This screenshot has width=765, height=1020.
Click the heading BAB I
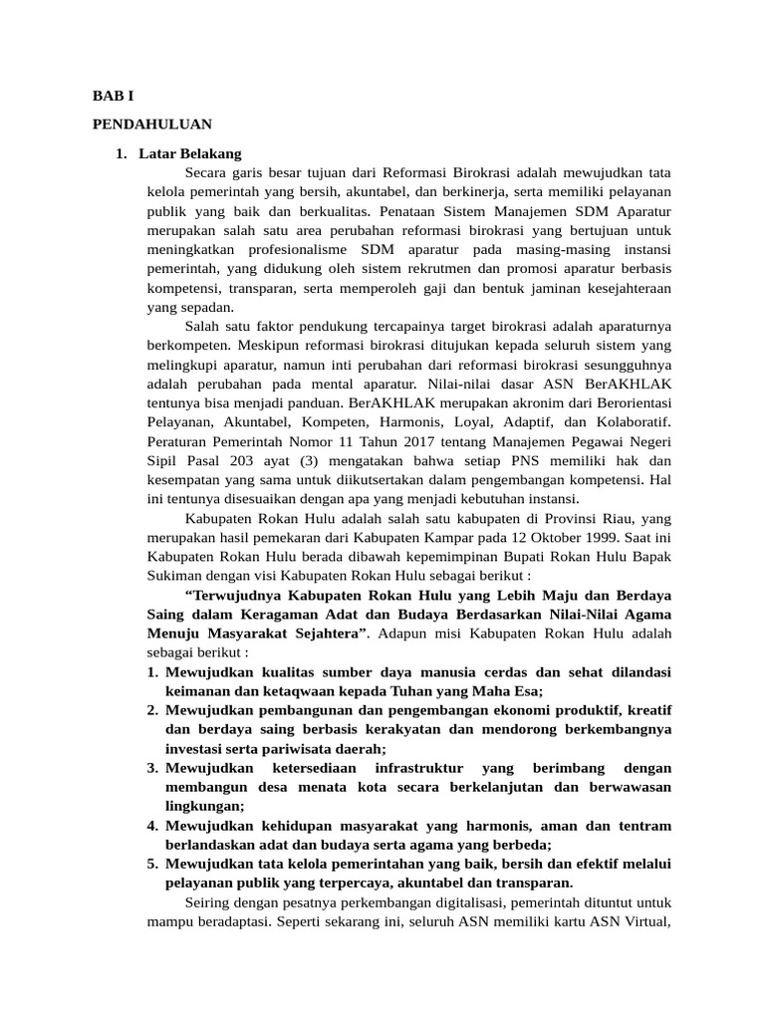[x=112, y=97]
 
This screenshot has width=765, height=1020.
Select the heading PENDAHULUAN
[x=151, y=125]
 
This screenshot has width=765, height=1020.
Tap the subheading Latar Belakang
[x=189, y=154]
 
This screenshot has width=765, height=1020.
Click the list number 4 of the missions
[x=152, y=826]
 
